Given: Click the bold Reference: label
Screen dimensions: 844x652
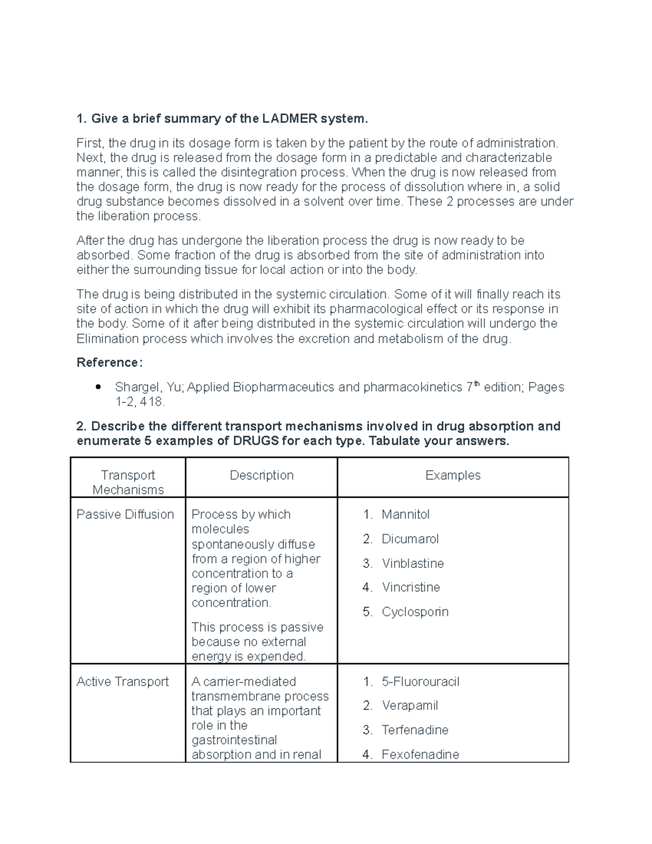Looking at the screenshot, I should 110,362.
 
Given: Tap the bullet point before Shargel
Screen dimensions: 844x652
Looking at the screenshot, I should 98,387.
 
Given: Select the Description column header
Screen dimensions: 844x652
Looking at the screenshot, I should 261,475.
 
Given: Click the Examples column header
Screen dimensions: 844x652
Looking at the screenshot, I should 453,475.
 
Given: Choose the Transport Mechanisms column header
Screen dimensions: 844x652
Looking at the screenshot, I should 128,482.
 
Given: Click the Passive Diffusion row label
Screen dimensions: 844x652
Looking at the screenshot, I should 125,514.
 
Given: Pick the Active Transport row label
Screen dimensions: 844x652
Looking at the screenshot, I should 123,682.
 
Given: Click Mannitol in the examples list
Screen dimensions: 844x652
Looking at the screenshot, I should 405,514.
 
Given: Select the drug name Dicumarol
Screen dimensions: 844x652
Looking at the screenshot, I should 410,539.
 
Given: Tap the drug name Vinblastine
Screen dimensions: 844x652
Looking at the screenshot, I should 412,563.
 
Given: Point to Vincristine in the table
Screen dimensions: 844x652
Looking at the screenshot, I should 411,587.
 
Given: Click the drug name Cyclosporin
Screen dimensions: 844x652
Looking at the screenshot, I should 415,611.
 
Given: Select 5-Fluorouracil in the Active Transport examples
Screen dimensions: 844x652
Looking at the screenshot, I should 420,682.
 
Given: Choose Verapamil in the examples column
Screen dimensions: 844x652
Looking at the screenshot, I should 410,705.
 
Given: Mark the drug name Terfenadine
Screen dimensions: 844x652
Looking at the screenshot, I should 415,730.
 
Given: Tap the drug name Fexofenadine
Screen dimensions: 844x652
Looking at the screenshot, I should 420,754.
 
